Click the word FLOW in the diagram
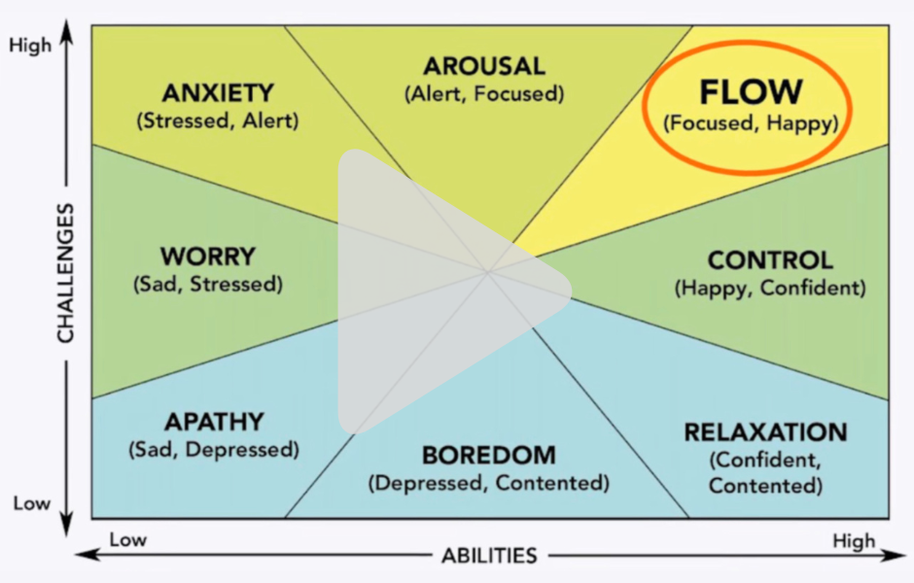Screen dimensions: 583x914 pyautogui.click(x=752, y=91)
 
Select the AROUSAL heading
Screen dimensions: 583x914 pyautogui.click(x=483, y=67)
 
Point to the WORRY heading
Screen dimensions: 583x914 pyautogui.click(x=207, y=257)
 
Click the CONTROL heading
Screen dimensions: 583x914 pyautogui.click(x=769, y=260)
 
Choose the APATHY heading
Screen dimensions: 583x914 pyautogui.click(x=213, y=422)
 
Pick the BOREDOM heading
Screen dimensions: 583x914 pyautogui.click(x=488, y=455)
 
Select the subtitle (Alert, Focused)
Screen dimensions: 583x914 pyautogui.click(x=483, y=94)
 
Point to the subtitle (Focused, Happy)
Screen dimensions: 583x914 pyautogui.click(x=751, y=123)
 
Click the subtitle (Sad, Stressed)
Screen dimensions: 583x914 pyautogui.click(x=207, y=285)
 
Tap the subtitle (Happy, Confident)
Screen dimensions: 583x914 pyautogui.click(x=769, y=289)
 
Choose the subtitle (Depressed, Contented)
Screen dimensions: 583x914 pyautogui.click(x=488, y=482)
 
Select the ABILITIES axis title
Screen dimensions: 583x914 pyautogui.click(x=488, y=556)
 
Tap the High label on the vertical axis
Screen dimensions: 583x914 pyautogui.click(x=30, y=45)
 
